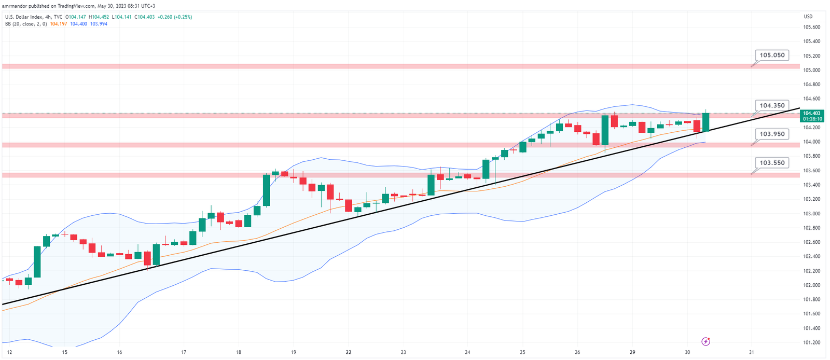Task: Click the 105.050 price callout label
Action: tap(772, 55)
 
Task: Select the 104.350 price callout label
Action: tap(772, 105)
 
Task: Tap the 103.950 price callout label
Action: tap(772, 134)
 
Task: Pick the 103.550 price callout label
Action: tap(772, 163)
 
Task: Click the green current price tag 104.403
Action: tap(812, 113)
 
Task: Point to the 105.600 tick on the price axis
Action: tap(812, 27)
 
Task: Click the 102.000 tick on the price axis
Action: tap(812, 285)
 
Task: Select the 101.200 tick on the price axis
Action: tap(812, 342)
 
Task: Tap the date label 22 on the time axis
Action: tap(349, 352)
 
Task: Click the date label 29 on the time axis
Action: tap(632, 352)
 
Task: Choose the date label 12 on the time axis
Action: tap(9, 352)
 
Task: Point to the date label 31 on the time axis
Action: tap(752, 352)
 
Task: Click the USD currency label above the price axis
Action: tap(808, 17)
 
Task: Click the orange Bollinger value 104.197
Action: tap(59, 24)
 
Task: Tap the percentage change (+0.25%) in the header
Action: tap(183, 17)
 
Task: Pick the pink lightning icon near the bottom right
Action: tap(706, 341)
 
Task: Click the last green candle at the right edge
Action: tap(706, 122)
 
